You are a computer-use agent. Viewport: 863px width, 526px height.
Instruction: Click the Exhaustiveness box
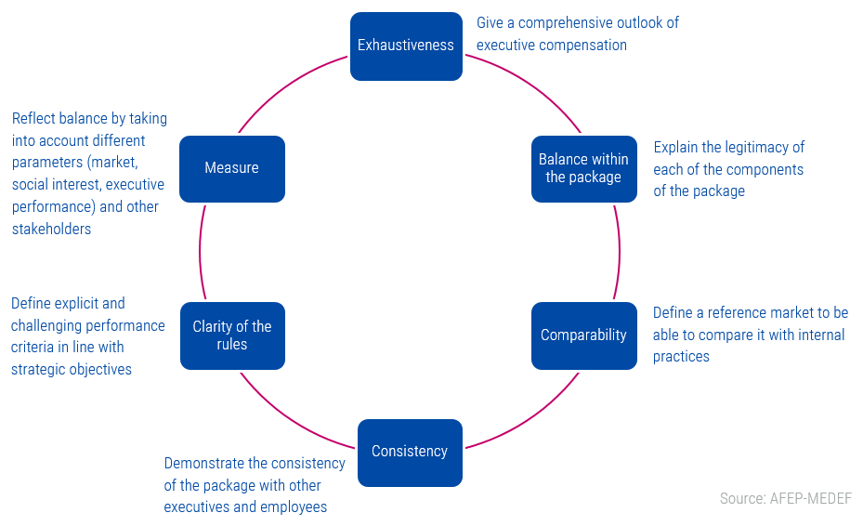click(x=406, y=46)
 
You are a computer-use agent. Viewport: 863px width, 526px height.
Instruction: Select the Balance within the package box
click(x=583, y=168)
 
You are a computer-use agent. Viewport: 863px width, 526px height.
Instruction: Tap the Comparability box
click(x=583, y=335)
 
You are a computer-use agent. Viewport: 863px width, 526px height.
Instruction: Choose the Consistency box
click(x=410, y=452)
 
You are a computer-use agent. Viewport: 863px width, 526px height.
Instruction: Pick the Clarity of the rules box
click(x=232, y=335)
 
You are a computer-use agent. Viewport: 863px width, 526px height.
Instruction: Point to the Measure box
click(x=232, y=168)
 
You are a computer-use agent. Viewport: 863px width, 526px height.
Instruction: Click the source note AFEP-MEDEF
click(x=785, y=499)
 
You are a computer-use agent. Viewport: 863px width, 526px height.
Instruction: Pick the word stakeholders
click(x=51, y=229)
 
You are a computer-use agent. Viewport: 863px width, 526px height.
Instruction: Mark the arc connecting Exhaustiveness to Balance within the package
click(x=530, y=82)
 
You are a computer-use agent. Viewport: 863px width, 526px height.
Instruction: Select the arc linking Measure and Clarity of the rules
click(x=200, y=252)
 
